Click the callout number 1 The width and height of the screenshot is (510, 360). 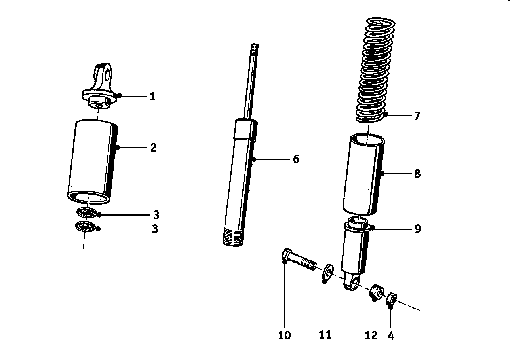[152, 97]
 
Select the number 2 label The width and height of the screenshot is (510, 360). [153, 148]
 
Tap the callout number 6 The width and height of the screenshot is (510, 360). [296, 159]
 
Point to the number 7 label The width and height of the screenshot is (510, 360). [417, 116]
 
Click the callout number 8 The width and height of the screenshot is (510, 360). [417, 174]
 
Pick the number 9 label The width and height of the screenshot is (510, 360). [417, 229]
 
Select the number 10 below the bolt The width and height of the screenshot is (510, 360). [284, 335]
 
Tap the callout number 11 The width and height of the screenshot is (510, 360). [325, 335]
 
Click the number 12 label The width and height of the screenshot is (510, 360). [371, 335]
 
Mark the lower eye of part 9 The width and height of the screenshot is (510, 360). [352, 282]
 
